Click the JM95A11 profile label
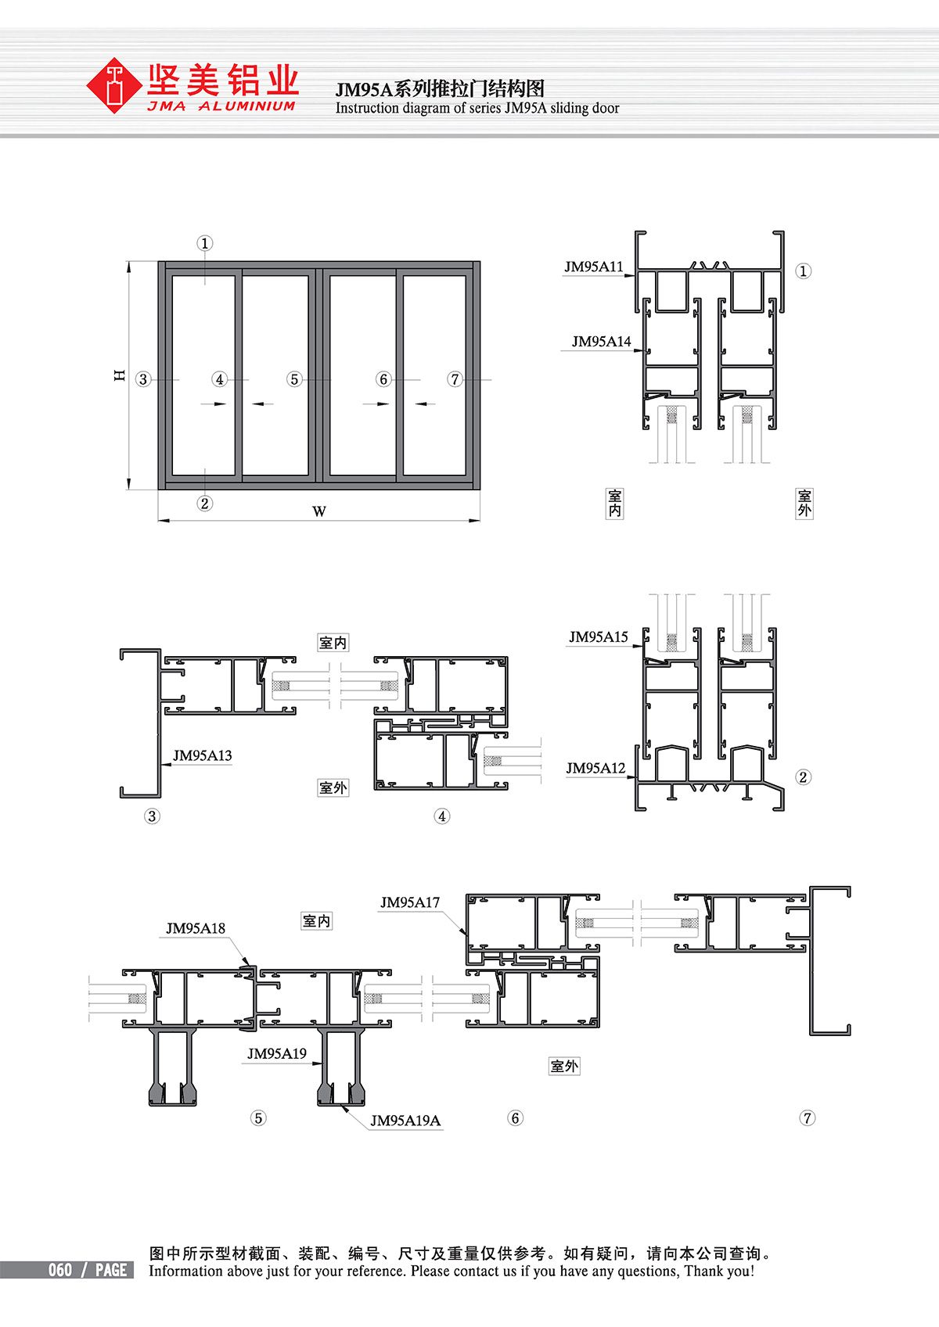coord(593,267)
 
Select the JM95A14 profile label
coord(601,341)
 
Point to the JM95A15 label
coord(598,637)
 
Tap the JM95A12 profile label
coord(595,769)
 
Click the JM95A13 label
coord(202,755)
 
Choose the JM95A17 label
coord(409,902)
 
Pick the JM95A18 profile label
coord(196,928)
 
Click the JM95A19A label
coord(405,1121)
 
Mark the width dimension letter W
coord(319,511)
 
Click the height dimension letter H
coord(120,375)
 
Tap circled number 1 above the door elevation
coord(204,243)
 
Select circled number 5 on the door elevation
coord(294,379)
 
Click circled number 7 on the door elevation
coord(455,379)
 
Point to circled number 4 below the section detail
coord(441,816)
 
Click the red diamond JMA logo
coord(113,85)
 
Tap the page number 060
coord(60,1270)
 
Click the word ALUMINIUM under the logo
coord(246,106)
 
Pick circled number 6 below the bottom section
coord(515,1118)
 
